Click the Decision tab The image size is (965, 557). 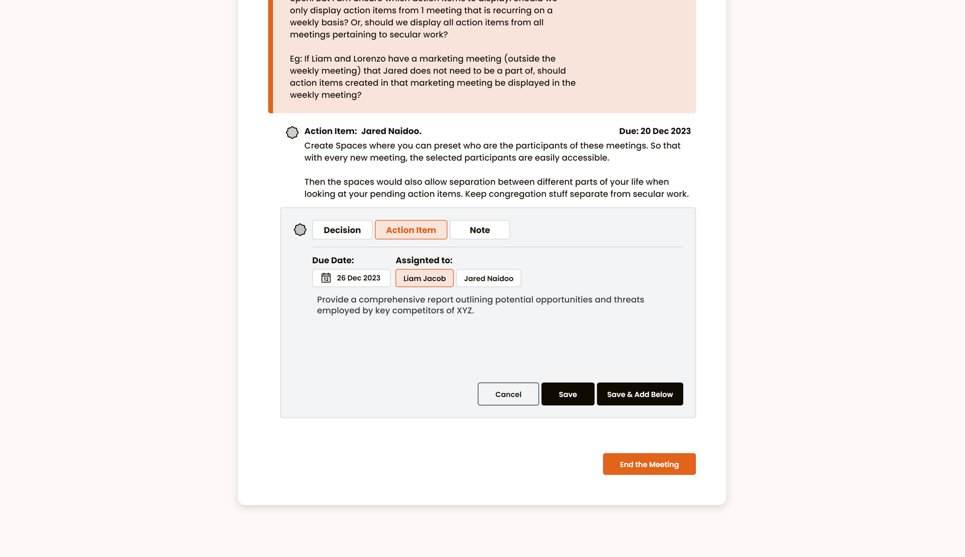(342, 230)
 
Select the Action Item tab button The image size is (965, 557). (411, 230)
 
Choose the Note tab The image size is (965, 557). (479, 230)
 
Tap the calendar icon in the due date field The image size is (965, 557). (326, 278)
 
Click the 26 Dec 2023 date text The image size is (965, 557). (358, 278)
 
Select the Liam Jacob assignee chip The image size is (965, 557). (424, 278)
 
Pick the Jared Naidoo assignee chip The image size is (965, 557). (489, 278)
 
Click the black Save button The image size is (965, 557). (568, 394)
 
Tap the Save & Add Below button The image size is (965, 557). (639, 394)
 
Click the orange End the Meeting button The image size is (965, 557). (649, 464)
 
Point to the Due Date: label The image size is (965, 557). (333, 261)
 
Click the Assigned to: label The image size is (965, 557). (424, 261)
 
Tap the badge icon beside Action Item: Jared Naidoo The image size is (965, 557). (292, 132)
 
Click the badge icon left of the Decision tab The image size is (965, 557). (300, 230)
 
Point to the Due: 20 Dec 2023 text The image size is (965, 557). (654, 131)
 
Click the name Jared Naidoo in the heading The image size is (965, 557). (391, 131)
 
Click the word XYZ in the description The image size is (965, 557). (464, 311)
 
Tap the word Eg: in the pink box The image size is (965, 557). (296, 59)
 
